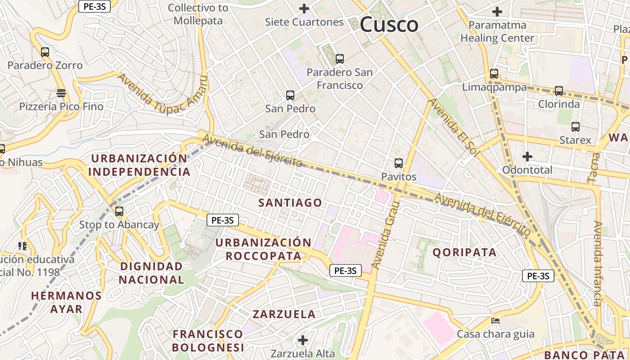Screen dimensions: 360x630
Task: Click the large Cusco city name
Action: click(389, 24)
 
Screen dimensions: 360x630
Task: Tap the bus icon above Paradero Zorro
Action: click(45, 52)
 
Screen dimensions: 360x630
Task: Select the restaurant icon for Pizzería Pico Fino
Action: click(61, 93)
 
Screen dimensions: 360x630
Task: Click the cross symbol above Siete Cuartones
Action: click(304, 9)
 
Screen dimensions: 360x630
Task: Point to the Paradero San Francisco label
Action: click(340, 79)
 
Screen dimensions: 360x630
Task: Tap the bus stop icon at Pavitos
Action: click(399, 163)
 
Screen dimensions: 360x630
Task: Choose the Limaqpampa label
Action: click(495, 87)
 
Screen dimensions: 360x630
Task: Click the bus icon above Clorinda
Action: click(559, 91)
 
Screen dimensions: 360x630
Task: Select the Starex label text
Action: click(575, 140)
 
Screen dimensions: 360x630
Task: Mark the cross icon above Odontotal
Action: click(527, 157)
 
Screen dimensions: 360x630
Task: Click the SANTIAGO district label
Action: click(290, 203)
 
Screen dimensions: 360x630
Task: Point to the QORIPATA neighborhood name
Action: click(465, 252)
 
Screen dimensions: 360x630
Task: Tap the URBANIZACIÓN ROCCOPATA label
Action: click(263, 249)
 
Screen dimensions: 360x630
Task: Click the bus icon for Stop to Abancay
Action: click(119, 211)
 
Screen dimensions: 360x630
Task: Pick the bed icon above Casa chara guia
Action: click(495, 321)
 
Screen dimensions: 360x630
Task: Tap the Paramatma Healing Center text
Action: click(497, 31)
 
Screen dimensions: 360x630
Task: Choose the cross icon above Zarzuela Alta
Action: click(303, 340)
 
